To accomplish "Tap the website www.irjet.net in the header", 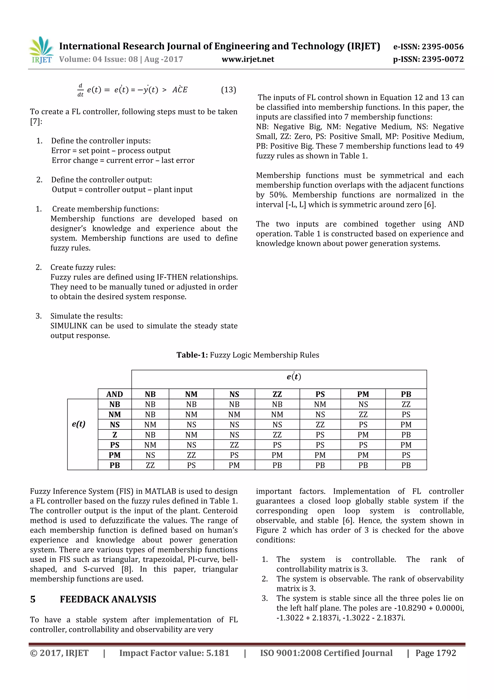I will [x=248, y=59].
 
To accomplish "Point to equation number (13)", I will [x=228, y=90].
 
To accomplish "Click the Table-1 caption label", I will [x=192, y=355].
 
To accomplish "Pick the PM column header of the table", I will [x=363, y=394].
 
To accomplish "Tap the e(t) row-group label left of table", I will [x=79, y=424].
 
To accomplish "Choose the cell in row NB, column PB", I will [x=406, y=404].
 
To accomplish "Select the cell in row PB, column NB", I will [x=150, y=465].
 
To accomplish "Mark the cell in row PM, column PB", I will [x=406, y=455].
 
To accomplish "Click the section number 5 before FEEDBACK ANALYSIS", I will [x=33, y=599].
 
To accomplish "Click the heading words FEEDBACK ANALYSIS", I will [x=108, y=599].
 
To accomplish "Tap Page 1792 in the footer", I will [x=436, y=653].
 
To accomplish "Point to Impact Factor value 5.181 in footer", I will [x=174, y=653].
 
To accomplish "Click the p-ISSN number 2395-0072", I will [x=443, y=59].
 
